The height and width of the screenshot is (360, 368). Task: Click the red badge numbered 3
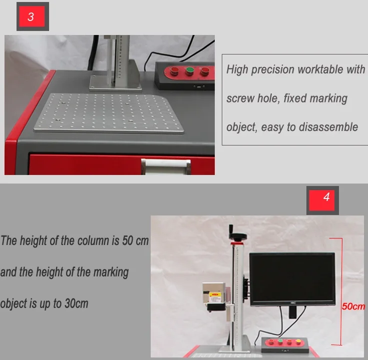pos(31,16)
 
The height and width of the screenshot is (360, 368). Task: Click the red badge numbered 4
pos(326,197)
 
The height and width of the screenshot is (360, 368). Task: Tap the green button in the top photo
pos(189,71)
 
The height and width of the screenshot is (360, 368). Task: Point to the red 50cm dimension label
pos(353,306)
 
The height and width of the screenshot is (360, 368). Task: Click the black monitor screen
pos(292,278)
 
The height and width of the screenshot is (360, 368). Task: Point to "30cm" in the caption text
pos(76,303)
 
